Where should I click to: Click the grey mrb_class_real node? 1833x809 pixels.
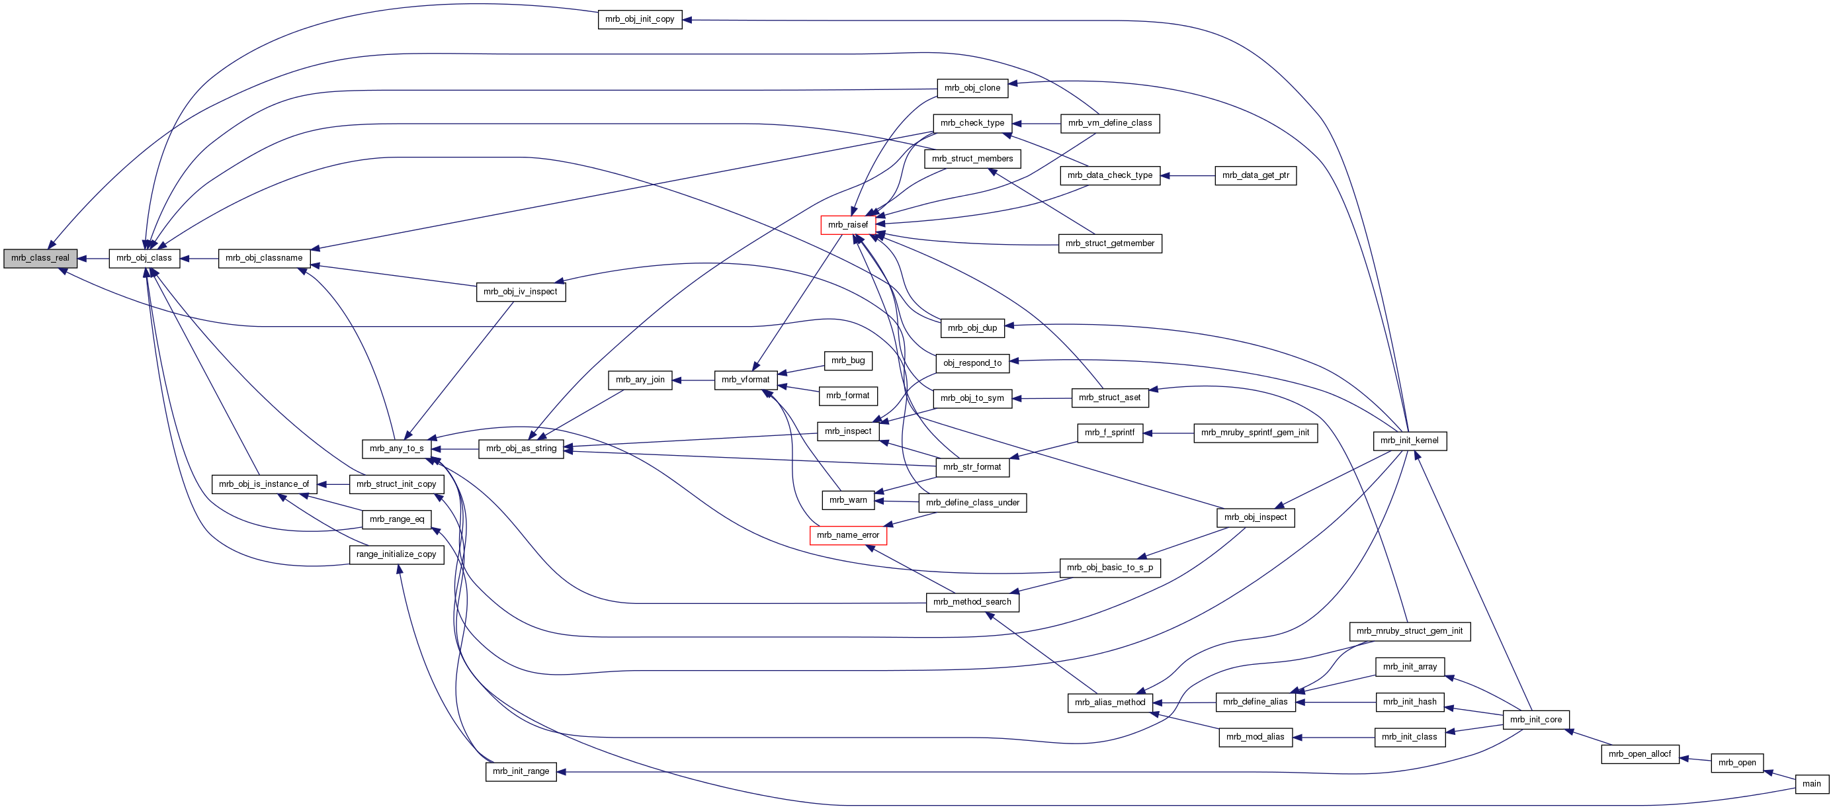pyautogui.click(x=40, y=258)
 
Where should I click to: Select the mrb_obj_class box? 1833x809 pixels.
pyautogui.click(x=144, y=258)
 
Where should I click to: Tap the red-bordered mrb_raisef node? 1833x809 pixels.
pyautogui.click(x=847, y=225)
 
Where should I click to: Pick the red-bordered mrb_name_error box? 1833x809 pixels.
pyautogui.click(x=847, y=535)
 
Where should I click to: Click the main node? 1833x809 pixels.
pyautogui.click(x=1811, y=784)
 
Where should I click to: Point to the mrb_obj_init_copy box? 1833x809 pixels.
pyautogui.click(x=640, y=19)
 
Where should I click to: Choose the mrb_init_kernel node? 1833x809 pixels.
pyautogui.click(x=1409, y=441)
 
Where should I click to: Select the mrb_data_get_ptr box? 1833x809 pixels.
pyautogui.click(x=1256, y=175)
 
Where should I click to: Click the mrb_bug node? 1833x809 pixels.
pyautogui.click(x=847, y=361)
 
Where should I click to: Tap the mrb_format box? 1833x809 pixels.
pyautogui.click(x=847, y=396)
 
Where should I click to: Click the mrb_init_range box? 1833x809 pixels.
pyautogui.click(x=521, y=771)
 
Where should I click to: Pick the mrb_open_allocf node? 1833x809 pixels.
pyautogui.click(x=1639, y=754)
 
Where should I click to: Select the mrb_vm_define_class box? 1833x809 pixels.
pyautogui.click(x=1109, y=123)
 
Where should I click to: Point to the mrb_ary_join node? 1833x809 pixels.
pyautogui.click(x=640, y=380)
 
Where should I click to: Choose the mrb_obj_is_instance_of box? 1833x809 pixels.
pyautogui.click(x=264, y=485)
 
